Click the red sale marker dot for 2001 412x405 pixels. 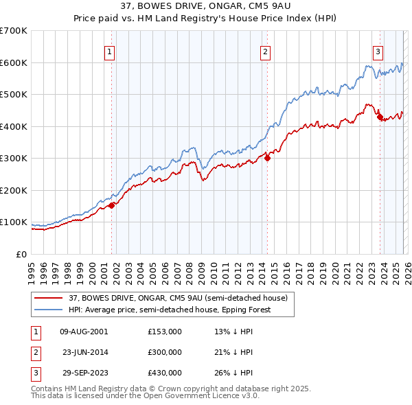click(x=111, y=205)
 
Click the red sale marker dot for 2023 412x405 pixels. click(x=380, y=117)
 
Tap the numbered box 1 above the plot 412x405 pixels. click(x=110, y=50)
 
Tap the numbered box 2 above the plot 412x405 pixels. click(x=266, y=50)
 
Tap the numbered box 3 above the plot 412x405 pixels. click(x=378, y=50)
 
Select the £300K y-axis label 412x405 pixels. click(x=14, y=159)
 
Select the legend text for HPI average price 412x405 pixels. click(x=170, y=310)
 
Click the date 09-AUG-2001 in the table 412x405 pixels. click(x=84, y=331)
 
